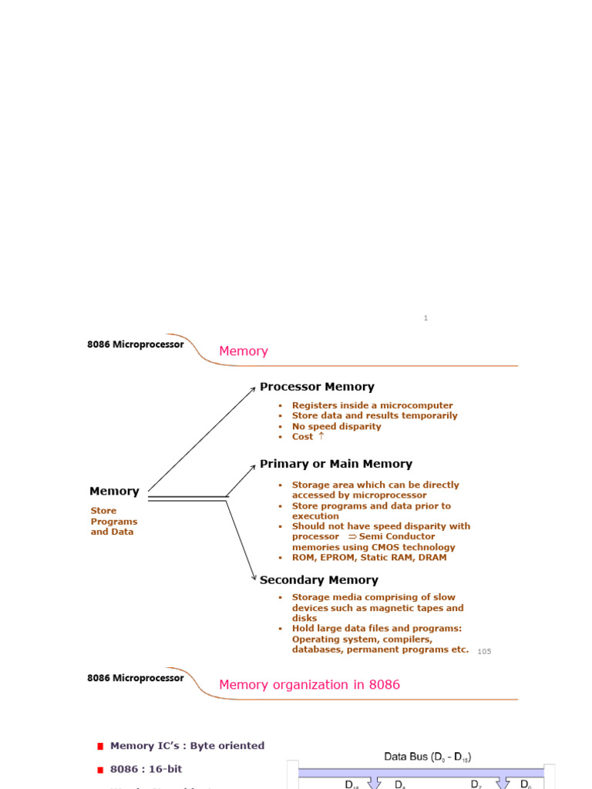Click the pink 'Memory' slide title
pos(244,351)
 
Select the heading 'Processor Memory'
pos(317,387)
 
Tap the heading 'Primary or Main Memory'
pos(335,464)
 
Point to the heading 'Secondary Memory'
pos(318,580)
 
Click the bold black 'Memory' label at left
pos(114,491)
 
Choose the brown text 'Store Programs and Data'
pos(114,521)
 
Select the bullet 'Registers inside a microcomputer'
pos(372,405)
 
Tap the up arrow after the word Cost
pos(321,436)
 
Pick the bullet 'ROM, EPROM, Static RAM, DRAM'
pos(368,557)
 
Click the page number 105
pos(484,652)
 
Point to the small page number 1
pos(425,318)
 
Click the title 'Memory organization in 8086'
pos(309,684)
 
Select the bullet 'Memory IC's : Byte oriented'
pos(187,746)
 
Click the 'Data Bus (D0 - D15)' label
pos(428,757)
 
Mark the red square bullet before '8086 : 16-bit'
pos(100,770)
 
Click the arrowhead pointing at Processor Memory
pos(253,389)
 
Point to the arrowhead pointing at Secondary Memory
pos(254,578)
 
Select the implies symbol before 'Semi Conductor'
pos(351,536)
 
